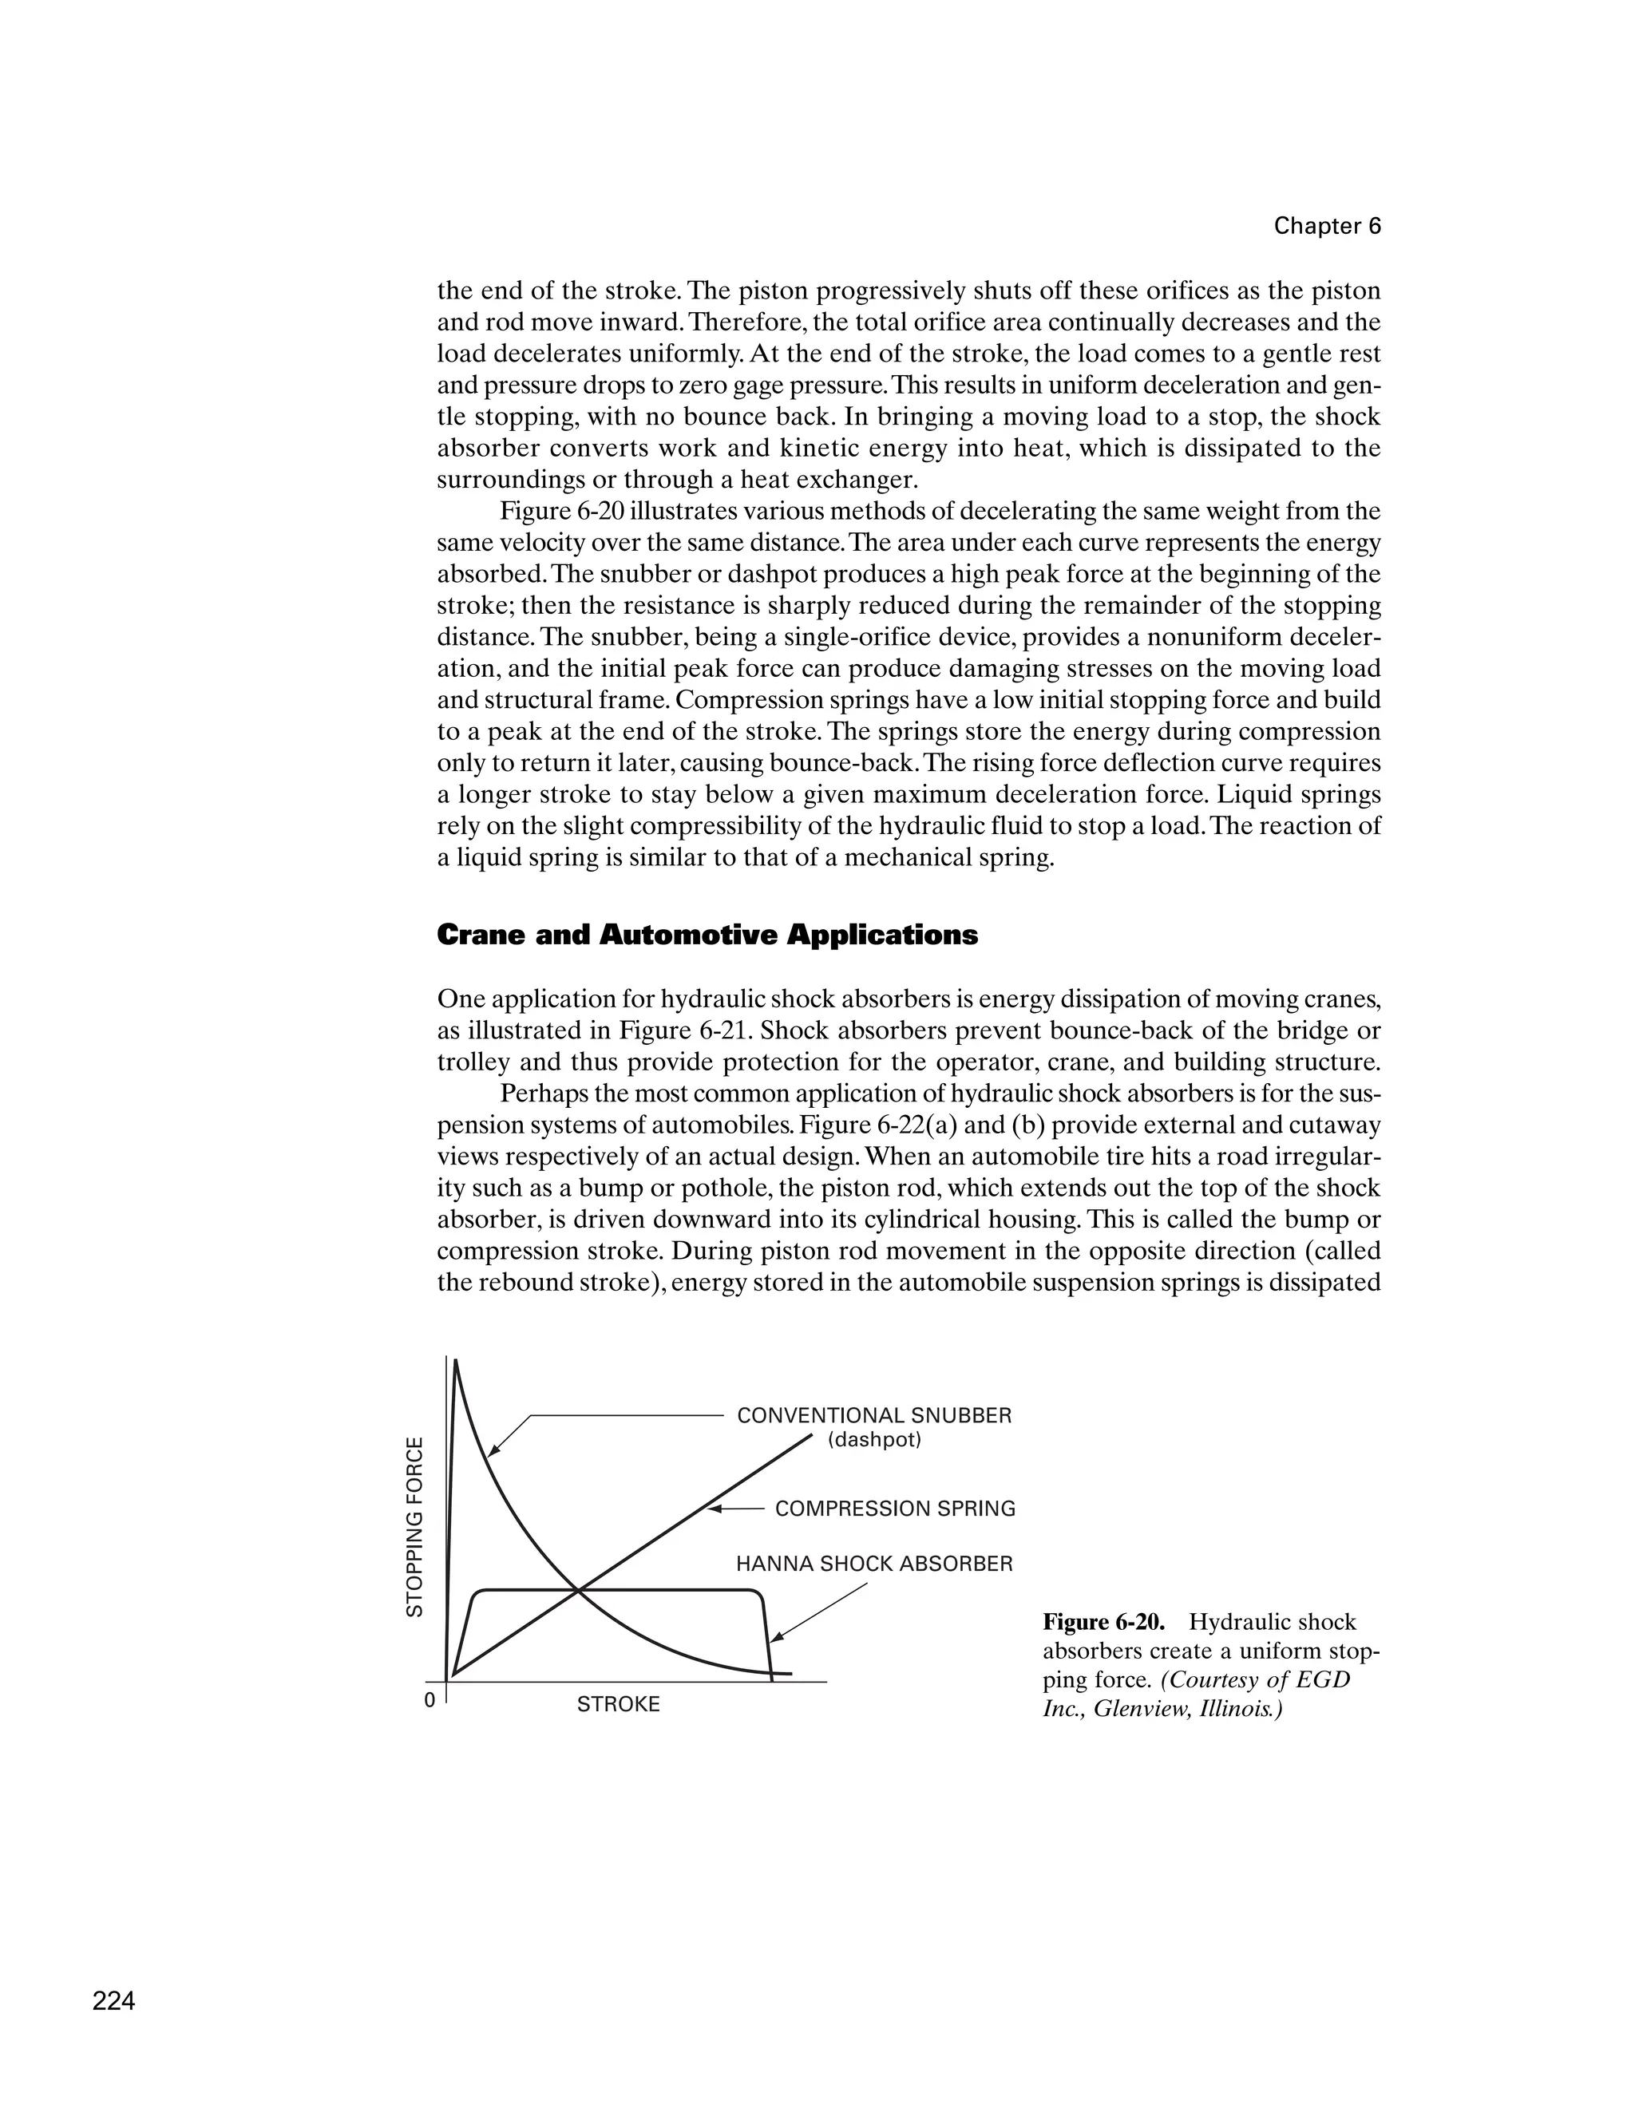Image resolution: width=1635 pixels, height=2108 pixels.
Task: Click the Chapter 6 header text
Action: click(1327, 226)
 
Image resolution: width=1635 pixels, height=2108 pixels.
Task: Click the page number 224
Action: click(114, 2001)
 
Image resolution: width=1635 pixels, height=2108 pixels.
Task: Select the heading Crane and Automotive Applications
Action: click(707, 935)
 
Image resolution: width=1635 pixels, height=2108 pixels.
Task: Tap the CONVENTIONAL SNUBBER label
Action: click(873, 1416)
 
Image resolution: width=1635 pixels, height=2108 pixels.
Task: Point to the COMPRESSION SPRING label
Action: click(895, 1509)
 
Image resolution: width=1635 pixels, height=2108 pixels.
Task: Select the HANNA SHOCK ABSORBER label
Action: click(873, 1564)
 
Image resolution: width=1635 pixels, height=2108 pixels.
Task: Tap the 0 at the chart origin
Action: click(430, 1699)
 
